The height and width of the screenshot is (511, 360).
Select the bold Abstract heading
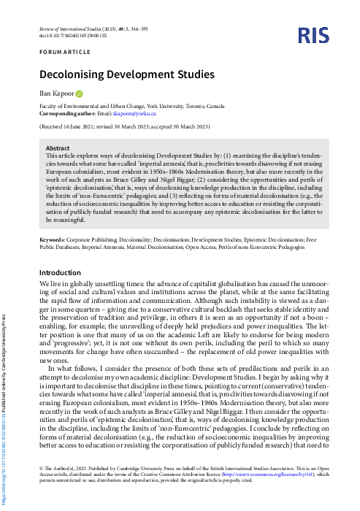click(x=58, y=148)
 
